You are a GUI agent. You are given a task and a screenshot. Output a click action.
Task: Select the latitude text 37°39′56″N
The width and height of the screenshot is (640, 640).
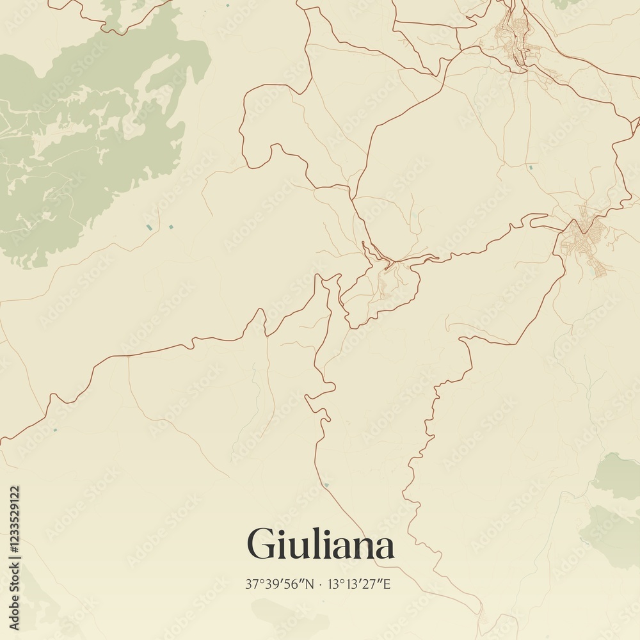(x=280, y=584)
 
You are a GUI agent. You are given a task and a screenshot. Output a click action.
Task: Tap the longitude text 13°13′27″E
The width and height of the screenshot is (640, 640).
(x=359, y=584)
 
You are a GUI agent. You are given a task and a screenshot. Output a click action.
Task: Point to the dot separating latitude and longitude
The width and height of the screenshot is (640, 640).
(x=321, y=584)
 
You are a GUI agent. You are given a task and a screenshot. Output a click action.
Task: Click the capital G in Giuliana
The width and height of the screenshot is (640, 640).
(x=261, y=545)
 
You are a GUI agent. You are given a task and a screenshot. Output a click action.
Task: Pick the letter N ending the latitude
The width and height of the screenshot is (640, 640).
(x=310, y=584)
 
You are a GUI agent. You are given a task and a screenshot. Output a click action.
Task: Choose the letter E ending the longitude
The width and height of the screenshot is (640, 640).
(x=387, y=584)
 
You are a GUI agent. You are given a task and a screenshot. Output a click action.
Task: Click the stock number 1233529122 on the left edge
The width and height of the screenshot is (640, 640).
(x=15, y=518)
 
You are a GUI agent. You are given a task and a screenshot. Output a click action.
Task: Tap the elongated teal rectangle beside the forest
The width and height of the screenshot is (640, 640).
(x=149, y=227)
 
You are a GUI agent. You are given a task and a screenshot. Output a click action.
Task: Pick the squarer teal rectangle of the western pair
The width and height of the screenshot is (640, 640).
(x=170, y=227)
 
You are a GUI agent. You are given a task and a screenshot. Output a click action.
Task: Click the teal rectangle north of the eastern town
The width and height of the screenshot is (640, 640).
(x=530, y=167)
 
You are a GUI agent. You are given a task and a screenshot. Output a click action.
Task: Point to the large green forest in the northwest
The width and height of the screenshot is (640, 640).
(x=96, y=141)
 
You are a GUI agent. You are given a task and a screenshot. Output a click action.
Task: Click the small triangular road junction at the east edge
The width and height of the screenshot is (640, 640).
(x=634, y=122)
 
